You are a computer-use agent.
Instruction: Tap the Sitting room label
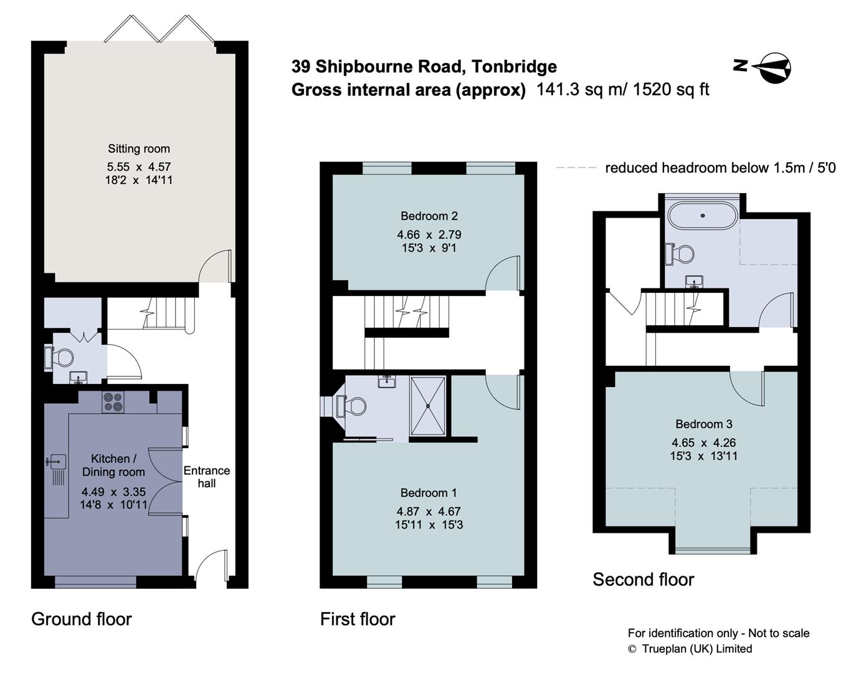(138, 149)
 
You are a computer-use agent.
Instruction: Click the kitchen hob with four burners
(113, 402)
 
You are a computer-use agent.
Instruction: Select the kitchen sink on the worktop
(57, 462)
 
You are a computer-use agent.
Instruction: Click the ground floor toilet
(60, 358)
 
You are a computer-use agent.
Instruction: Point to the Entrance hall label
(207, 477)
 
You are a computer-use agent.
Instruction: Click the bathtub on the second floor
(702, 216)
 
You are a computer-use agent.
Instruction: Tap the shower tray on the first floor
(428, 406)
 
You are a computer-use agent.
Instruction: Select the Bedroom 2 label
(429, 216)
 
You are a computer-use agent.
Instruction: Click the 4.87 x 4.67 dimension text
(429, 511)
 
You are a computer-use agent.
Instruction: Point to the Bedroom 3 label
(703, 424)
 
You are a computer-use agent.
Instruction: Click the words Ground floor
(82, 619)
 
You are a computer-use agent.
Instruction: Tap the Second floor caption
(643, 580)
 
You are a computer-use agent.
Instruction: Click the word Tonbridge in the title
(514, 66)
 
